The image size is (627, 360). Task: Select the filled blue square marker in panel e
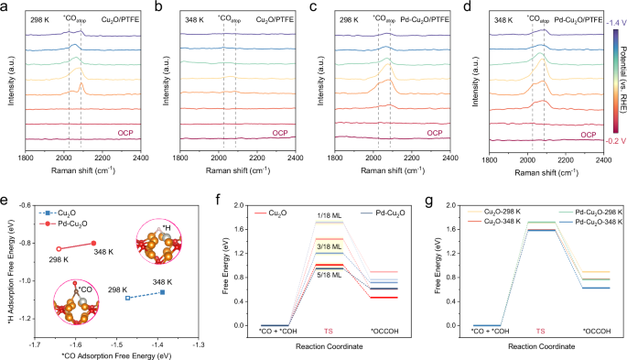(x=162, y=292)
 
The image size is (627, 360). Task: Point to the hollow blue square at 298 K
(x=127, y=298)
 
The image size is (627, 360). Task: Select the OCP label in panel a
(x=124, y=132)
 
